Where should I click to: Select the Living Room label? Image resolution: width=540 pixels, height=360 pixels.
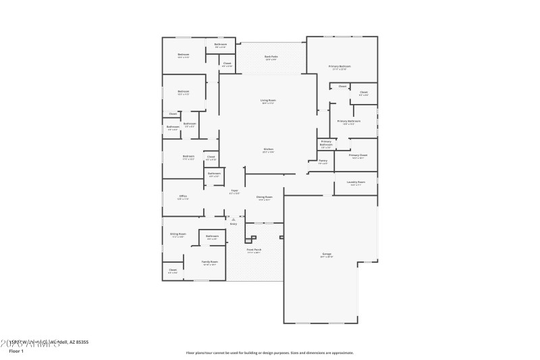pyautogui.click(x=268, y=100)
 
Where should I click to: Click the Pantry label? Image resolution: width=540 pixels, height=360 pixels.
pyautogui.click(x=323, y=161)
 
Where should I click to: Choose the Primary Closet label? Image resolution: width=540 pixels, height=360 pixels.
pyautogui.click(x=358, y=155)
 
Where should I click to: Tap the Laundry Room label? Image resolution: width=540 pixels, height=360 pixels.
pyautogui.click(x=356, y=182)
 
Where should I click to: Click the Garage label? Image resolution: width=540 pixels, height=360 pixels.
pyautogui.click(x=326, y=254)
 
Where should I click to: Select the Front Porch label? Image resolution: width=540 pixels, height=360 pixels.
pyautogui.click(x=253, y=249)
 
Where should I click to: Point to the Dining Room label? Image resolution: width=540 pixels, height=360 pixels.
pyautogui.click(x=264, y=197)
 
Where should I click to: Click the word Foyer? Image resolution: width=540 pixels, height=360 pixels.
pyautogui.click(x=234, y=190)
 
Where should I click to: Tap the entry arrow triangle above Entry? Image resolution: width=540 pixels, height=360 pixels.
pyautogui.click(x=233, y=220)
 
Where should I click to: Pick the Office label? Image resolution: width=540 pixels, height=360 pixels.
pyautogui.click(x=183, y=196)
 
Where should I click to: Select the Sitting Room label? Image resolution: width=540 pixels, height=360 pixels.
pyautogui.click(x=178, y=234)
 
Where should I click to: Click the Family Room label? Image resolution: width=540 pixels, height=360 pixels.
pyautogui.click(x=209, y=261)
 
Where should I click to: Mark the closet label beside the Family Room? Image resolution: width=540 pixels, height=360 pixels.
pyautogui.click(x=173, y=269)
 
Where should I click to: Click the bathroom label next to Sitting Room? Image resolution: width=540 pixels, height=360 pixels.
pyautogui.click(x=212, y=235)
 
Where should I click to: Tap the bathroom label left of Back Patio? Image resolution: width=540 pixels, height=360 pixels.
pyautogui.click(x=220, y=45)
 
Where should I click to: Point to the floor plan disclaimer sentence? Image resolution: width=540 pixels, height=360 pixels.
pyautogui.click(x=269, y=352)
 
